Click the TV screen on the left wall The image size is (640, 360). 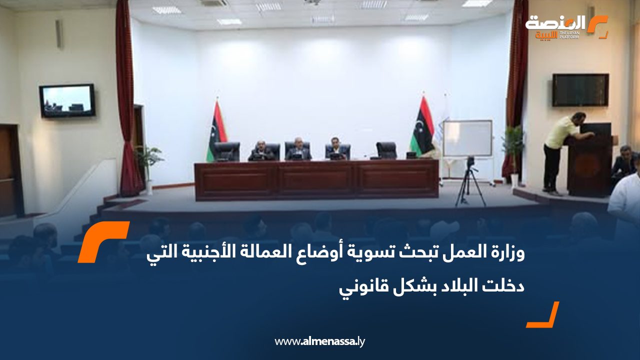tap(67, 100)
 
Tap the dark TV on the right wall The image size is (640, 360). tap(580, 90)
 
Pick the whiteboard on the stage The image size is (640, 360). tap(467, 138)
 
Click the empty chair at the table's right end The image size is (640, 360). tap(386, 150)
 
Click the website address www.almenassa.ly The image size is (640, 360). tap(320, 341)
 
